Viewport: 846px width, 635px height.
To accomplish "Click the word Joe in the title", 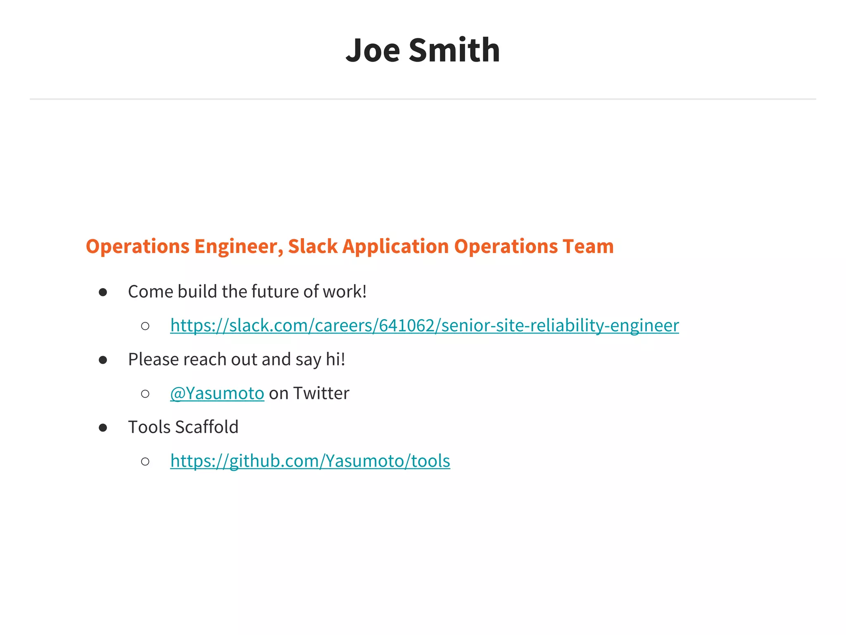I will (373, 50).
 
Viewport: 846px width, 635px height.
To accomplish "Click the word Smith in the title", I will (454, 50).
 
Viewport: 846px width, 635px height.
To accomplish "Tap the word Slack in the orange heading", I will (313, 246).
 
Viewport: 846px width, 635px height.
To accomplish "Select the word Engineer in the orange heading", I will (238, 246).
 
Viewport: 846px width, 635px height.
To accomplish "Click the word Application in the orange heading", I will (395, 246).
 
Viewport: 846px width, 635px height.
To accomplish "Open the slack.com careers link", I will (424, 325).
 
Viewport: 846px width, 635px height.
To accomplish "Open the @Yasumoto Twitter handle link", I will (217, 393).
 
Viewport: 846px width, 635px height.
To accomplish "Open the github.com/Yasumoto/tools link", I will (310, 461).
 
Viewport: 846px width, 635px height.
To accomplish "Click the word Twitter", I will (321, 393).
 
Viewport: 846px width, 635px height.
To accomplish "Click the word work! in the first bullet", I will (345, 291).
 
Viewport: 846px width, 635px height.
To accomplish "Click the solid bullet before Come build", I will (103, 293).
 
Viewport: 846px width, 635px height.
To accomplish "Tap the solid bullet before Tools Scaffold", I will (103, 428).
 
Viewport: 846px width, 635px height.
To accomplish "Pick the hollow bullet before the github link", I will (145, 461).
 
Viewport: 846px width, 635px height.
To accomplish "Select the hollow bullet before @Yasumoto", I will (145, 394).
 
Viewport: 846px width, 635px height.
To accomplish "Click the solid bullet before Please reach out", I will (103, 360).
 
